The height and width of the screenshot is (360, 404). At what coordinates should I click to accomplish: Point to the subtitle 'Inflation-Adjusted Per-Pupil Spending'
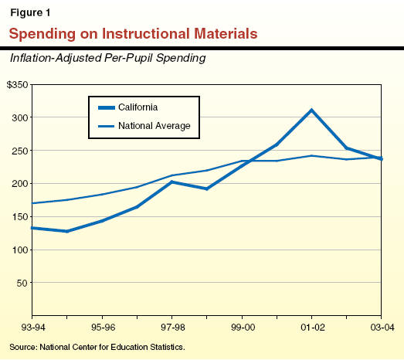[x=107, y=58]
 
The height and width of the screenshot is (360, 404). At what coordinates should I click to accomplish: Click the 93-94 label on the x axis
[x=32, y=328]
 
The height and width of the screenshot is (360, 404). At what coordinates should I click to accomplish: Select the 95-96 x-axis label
[x=103, y=328]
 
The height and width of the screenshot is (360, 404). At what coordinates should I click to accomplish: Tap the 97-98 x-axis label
[x=172, y=328]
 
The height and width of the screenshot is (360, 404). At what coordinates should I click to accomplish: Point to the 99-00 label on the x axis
[x=242, y=328]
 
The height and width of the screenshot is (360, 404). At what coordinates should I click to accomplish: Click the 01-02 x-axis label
[x=311, y=328]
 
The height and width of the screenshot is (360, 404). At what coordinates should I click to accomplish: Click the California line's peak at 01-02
[x=311, y=110]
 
